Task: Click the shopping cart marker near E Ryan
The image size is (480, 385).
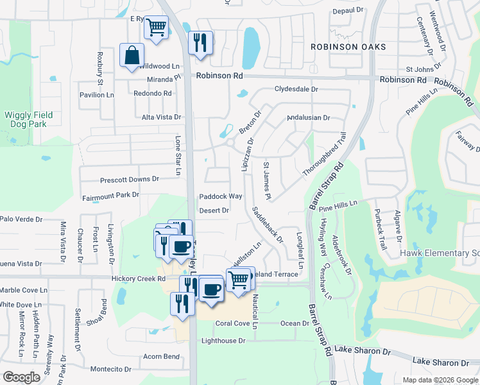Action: [x=156, y=28]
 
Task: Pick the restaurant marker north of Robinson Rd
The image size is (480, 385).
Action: [x=200, y=43]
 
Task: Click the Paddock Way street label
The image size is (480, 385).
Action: [x=220, y=196]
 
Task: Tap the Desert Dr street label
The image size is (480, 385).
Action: [x=214, y=210]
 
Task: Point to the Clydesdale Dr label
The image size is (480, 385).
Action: [x=296, y=89]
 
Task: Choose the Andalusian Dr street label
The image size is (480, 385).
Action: [x=308, y=117]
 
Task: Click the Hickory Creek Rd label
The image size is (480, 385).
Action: [x=139, y=279]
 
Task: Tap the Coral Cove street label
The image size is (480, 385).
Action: [x=232, y=323]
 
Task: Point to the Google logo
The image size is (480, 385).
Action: [x=21, y=377]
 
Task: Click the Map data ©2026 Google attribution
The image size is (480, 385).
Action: [x=440, y=380]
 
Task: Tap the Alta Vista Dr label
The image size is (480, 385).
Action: [x=162, y=117]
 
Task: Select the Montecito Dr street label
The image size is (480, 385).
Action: [x=110, y=369]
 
